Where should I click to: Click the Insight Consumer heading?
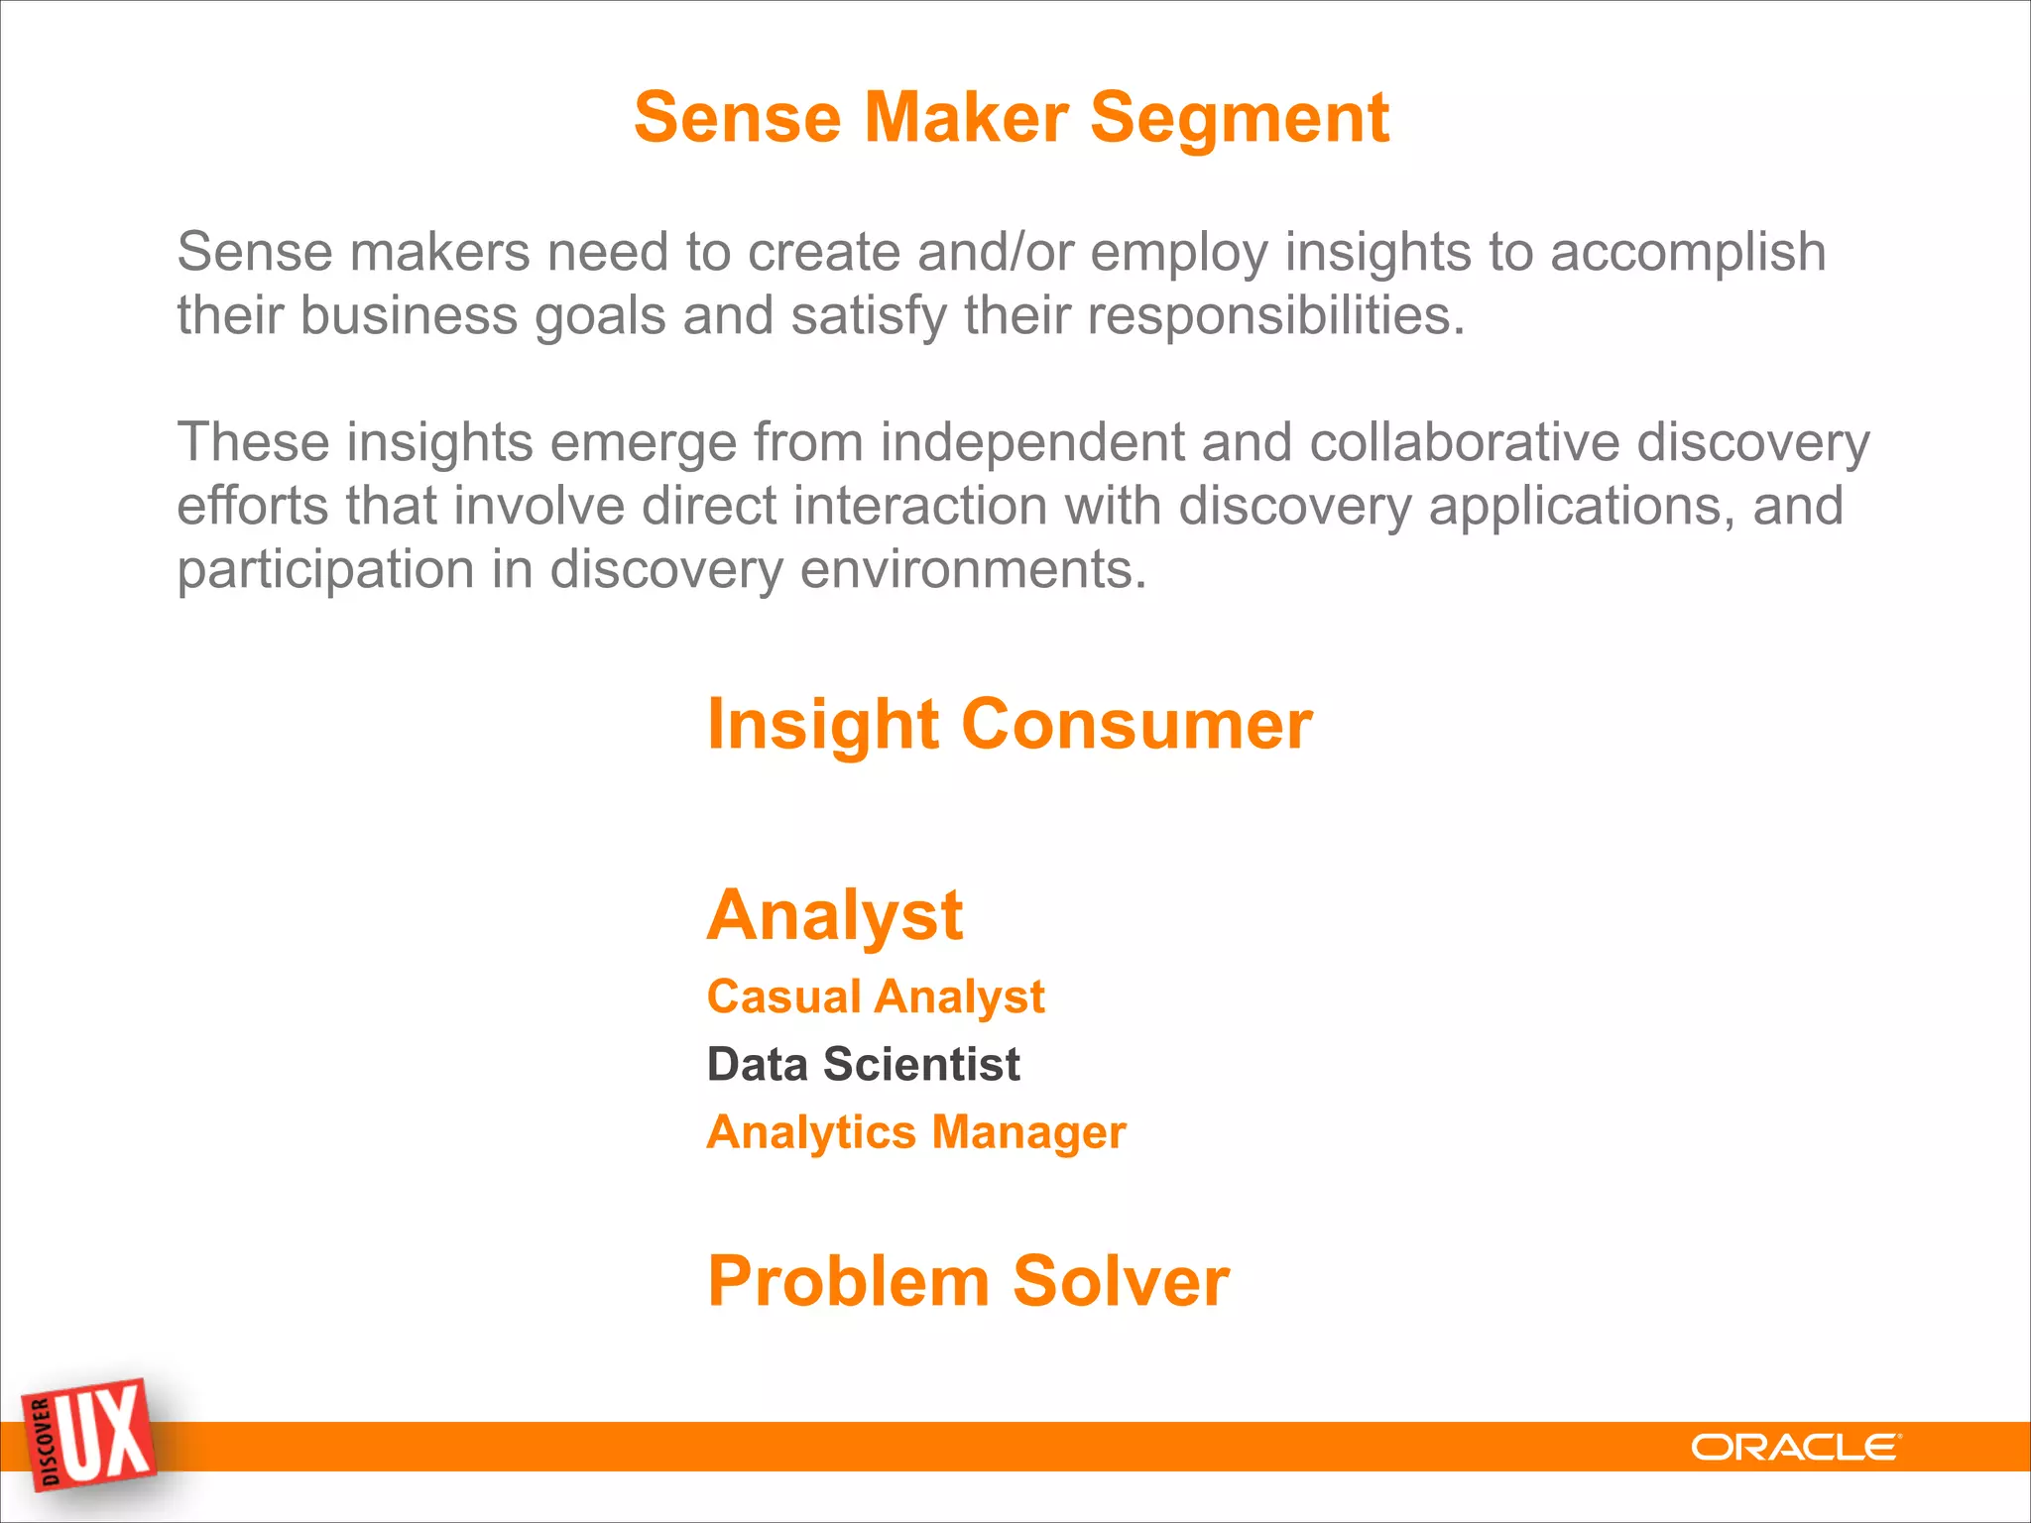coord(1009,725)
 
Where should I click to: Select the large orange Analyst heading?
coord(834,915)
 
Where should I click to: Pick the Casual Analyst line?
coord(875,996)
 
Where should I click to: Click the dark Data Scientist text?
coord(863,1065)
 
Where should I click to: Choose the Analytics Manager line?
coord(915,1132)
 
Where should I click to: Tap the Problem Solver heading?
coord(968,1281)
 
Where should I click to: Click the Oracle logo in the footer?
coord(1795,1448)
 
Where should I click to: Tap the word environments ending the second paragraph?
coord(973,570)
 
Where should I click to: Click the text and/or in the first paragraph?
coord(995,253)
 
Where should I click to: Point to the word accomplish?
coord(1687,253)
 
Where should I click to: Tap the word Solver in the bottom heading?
coord(1121,1281)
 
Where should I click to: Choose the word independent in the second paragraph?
coord(1031,442)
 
